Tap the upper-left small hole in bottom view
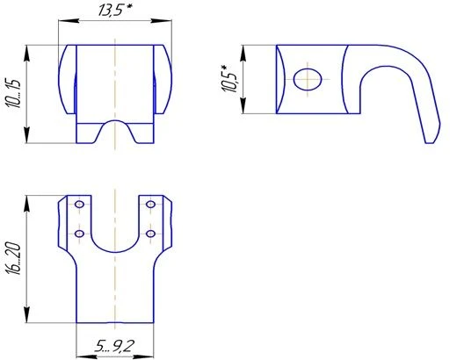80,205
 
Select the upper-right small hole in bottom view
151,205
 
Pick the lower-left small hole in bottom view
80,234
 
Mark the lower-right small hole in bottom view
151,234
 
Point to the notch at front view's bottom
115,130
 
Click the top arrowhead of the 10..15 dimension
30,48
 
